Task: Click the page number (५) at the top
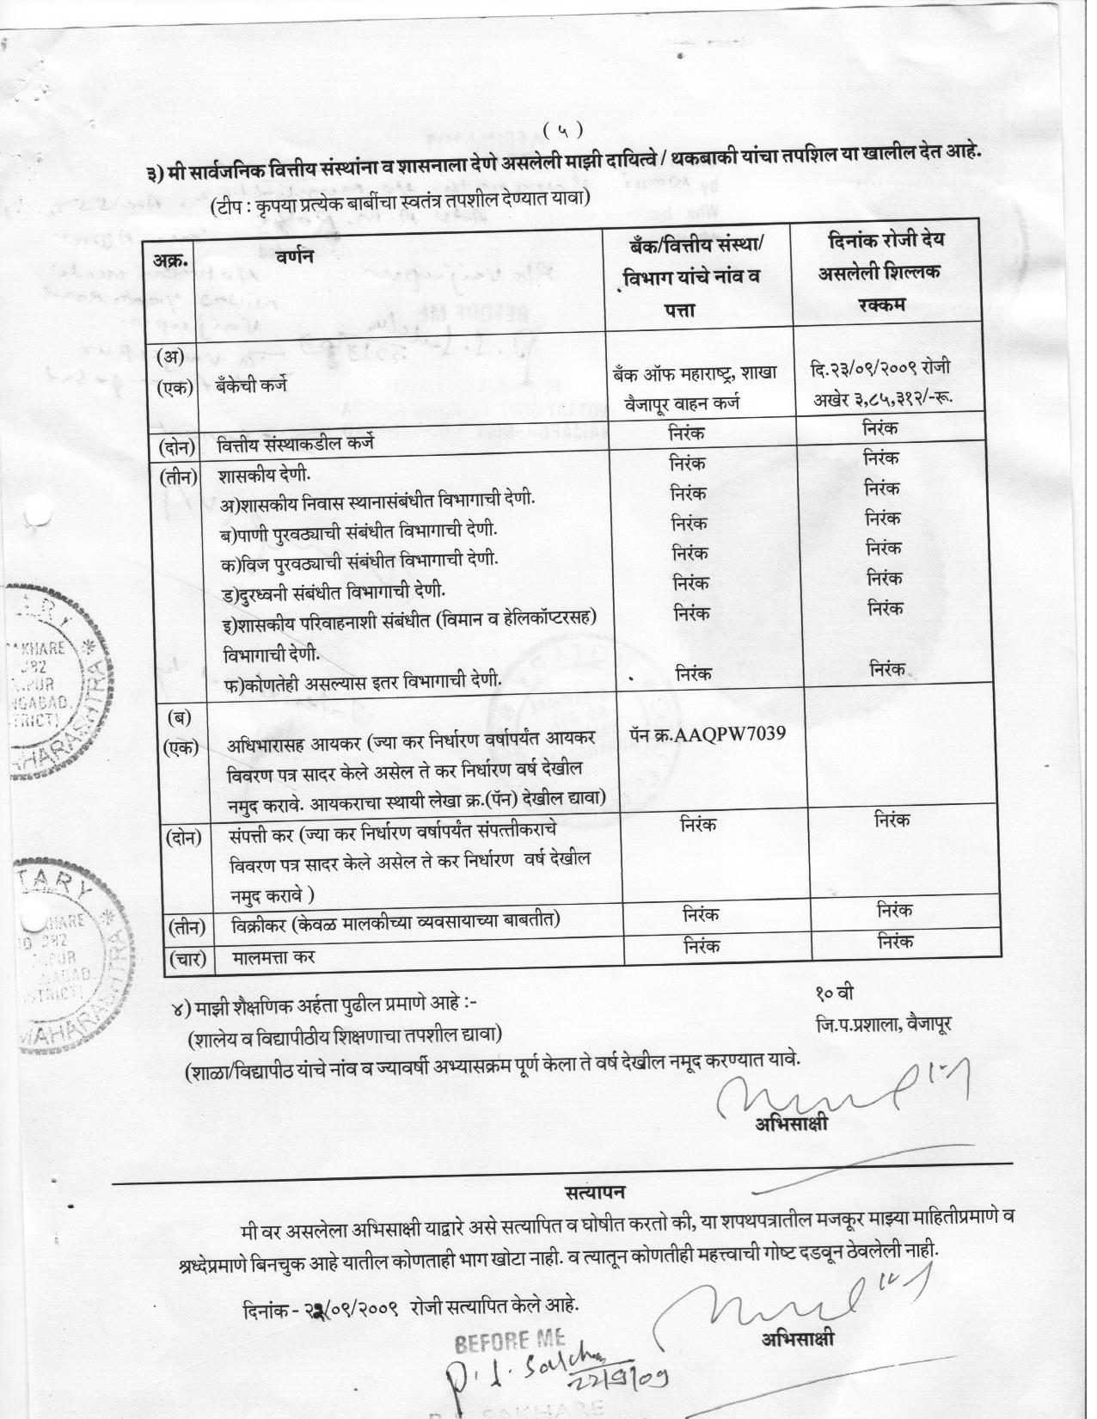(x=563, y=130)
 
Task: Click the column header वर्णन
(x=295, y=255)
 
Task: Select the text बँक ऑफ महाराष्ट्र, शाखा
(x=695, y=373)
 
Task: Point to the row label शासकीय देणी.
(x=264, y=476)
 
